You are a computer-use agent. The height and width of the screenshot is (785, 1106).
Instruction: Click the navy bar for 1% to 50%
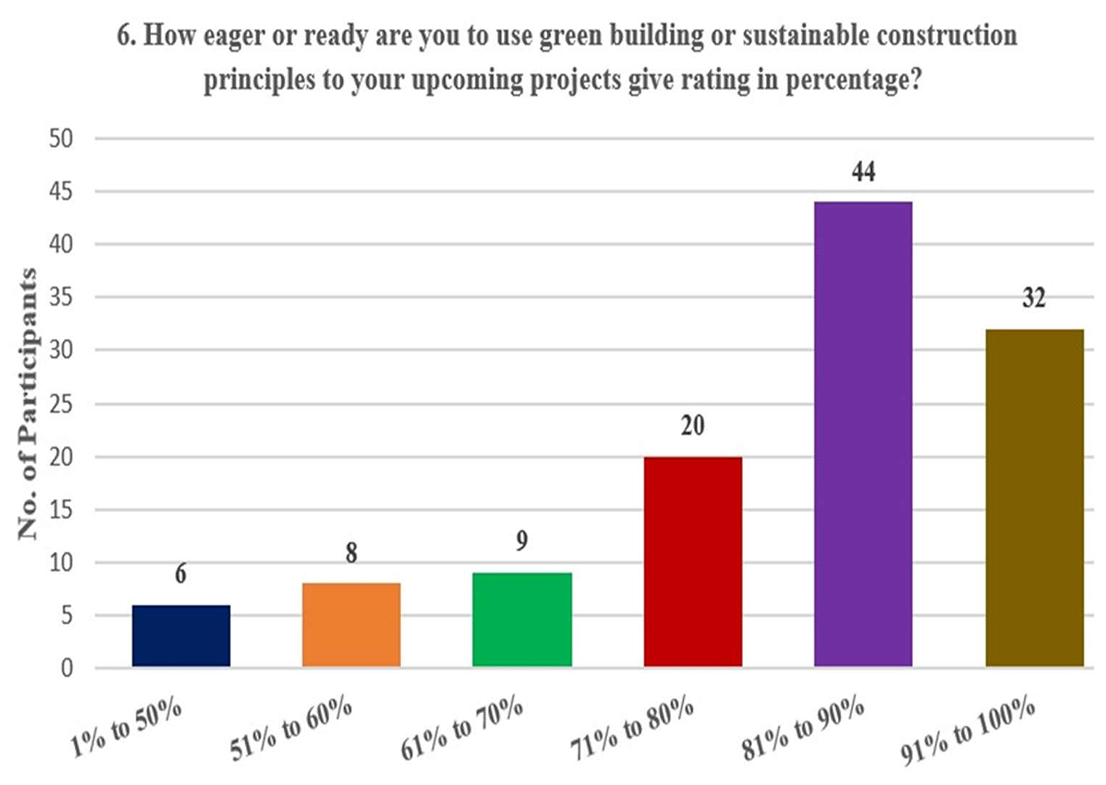tap(181, 635)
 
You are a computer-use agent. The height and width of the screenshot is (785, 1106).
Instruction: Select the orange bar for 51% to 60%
tap(351, 625)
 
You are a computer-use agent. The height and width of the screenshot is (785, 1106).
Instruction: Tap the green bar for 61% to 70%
tap(521, 619)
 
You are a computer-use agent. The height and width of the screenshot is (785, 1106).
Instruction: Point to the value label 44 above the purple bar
tap(863, 172)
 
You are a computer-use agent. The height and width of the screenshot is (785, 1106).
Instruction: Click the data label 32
tap(1034, 298)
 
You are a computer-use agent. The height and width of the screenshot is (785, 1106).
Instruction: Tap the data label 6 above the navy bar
tap(181, 574)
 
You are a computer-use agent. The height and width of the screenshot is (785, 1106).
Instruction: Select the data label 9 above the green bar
tap(521, 541)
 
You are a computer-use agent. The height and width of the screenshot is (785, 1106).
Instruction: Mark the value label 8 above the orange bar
tap(351, 553)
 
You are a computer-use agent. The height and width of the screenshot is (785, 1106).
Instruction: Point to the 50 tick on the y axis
tap(61, 138)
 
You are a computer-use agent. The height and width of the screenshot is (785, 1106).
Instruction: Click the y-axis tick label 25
tap(61, 404)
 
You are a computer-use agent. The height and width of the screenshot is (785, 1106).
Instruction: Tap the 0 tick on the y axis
tap(67, 668)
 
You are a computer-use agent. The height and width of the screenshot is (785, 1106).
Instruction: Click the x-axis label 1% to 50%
tap(126, 729)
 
